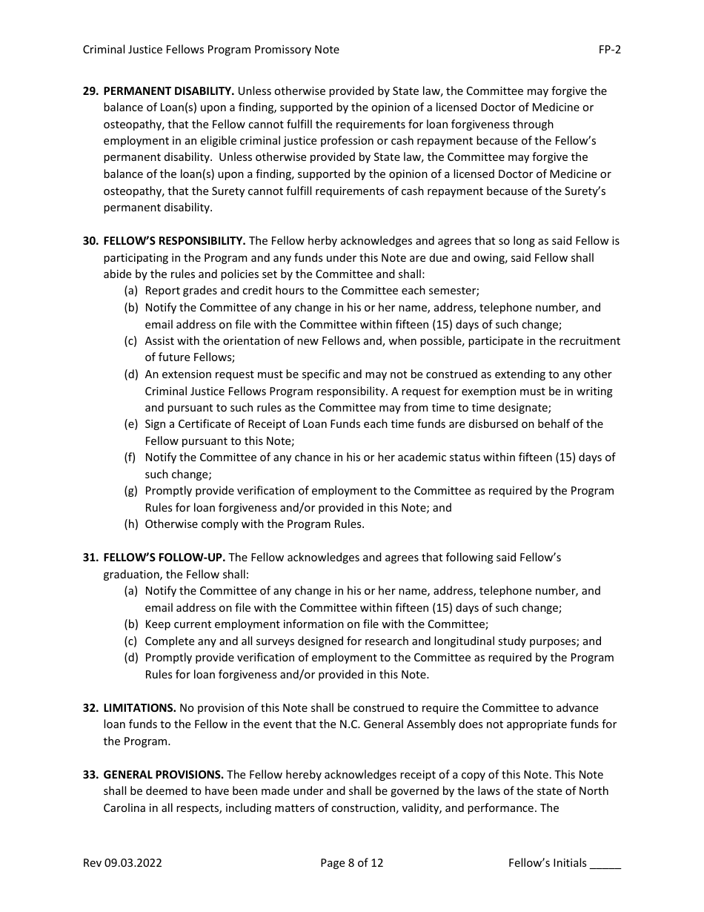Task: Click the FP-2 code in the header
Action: pyautogui.click(x=610, y=50)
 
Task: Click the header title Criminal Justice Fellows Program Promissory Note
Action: pyautogui.click(x=210, y=50)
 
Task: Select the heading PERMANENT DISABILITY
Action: pyautogui.click(x=169, y=91)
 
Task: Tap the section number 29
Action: pyautogui.click(x=90, y=91)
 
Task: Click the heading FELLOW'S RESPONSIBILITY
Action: pyautogui.click(x=174, y=241)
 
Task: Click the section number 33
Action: pyautogui.click(x=90, y=775)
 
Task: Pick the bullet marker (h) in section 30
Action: pyautogui.click(x=131, y=524)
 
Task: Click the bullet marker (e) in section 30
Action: pyautogui.click(x=131, y=424)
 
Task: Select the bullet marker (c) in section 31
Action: pyautogui.click(x=131, y=641)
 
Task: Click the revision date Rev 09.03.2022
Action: pyautogui.click(x=122, y=863)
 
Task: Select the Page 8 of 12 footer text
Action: pyautogui.click(x=351, y=863)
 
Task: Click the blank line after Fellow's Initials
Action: pyautogui.click(x=605, y=865)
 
